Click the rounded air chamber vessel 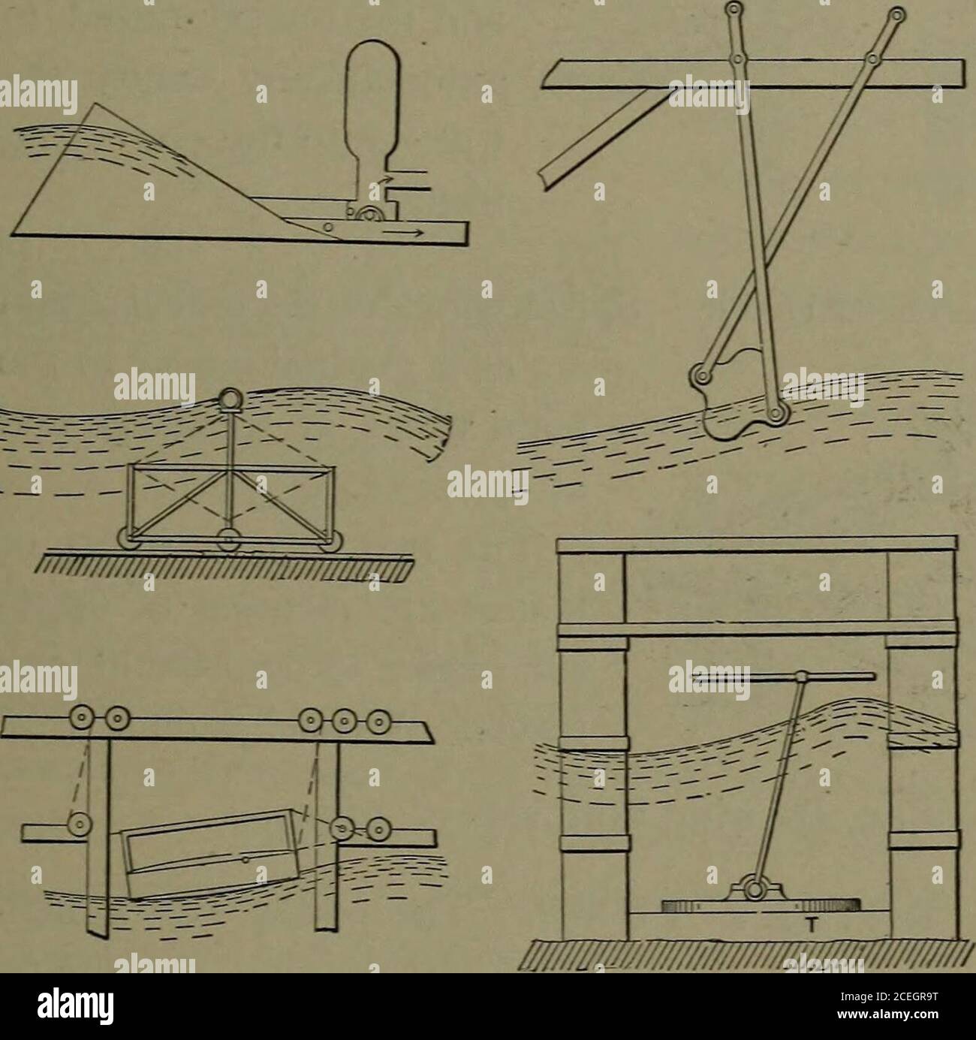(372, 120)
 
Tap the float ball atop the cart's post (229, 399)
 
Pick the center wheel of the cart (229, 540)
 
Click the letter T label (810, 927)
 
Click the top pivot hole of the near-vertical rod (734, 9)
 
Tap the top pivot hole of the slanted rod (897, 14)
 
